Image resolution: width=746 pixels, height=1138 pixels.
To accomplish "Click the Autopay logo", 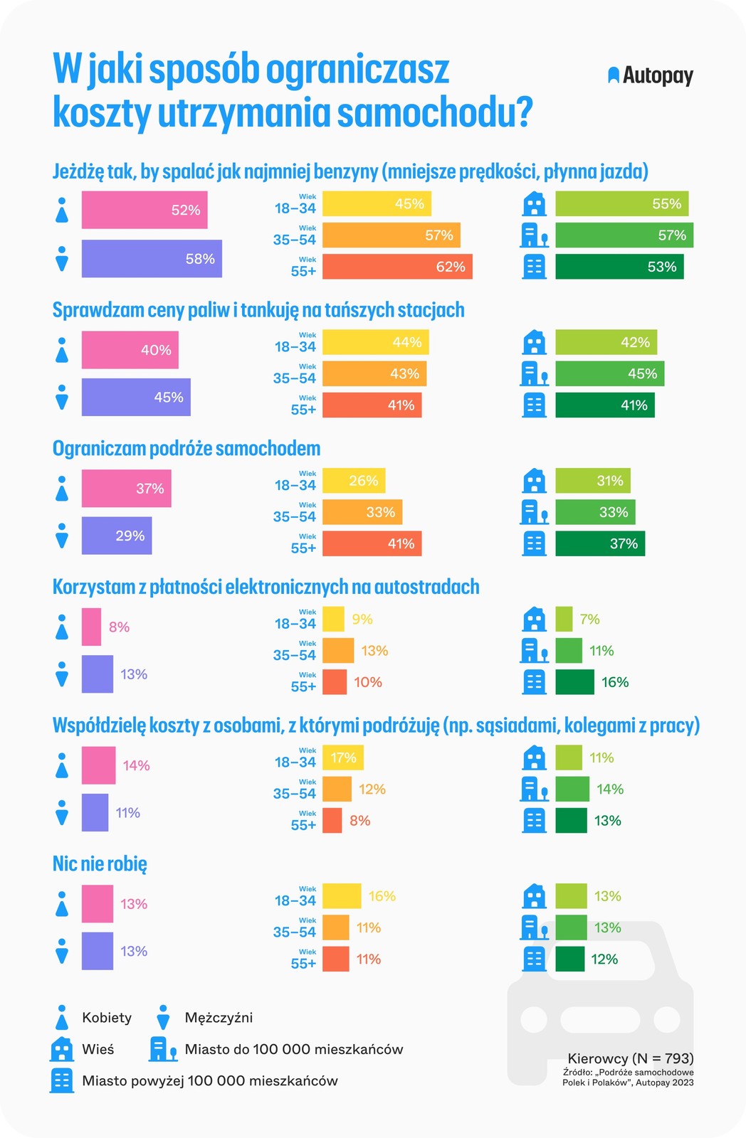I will pyautogui.click(x=650, y=75).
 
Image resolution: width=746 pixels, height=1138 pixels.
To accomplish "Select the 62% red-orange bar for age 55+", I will pyautogui.click(x=397, y=267).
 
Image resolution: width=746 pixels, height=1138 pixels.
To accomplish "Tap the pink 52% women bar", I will pyautogui.click(x=145, y=210).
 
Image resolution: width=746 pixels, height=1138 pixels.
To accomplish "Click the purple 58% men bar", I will pyautogui.click(x=152, y=258).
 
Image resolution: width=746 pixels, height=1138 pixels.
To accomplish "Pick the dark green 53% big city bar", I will pyautogui.click(x=619, y=267).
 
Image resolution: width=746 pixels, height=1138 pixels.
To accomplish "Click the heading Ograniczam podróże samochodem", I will pyautogui.click(x=186, y=449).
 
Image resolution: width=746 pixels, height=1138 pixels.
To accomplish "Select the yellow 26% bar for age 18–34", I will pyautogui.click(x=354, y=481).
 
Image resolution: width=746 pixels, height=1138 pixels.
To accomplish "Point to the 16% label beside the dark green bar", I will pyautogui.click(x=615, y=682).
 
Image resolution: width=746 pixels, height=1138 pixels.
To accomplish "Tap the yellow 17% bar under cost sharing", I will pyautogui.click(x=343, y=757).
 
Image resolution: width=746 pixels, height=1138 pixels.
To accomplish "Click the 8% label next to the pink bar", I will pyautogui.click(x=119, y=627).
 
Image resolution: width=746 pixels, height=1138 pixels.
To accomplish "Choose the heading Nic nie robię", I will pyautogui.click(x=100, y=864).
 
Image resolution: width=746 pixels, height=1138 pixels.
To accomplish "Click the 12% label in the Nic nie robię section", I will pyautogui.click(x=604, y=959).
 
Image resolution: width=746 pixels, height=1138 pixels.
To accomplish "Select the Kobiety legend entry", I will pyautogui.click(x=107, y=1018).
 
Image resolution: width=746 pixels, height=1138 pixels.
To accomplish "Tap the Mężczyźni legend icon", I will pyautogui.click(x=163, y=1017).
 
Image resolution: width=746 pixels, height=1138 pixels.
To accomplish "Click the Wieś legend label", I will pyautogui.click(x=98, y=1049).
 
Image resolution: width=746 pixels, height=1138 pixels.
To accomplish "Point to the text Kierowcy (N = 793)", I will pyautogui.click(x=630, y=1058).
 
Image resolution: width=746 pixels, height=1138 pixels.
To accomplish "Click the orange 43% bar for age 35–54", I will pyautogui.click(x=374, y=373).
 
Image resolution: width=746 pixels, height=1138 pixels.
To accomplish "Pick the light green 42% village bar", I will pyautogui.click(x=606, y=342).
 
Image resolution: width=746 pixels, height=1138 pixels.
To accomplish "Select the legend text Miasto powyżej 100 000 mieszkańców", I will pyautogui.click(x=209, y=1080).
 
